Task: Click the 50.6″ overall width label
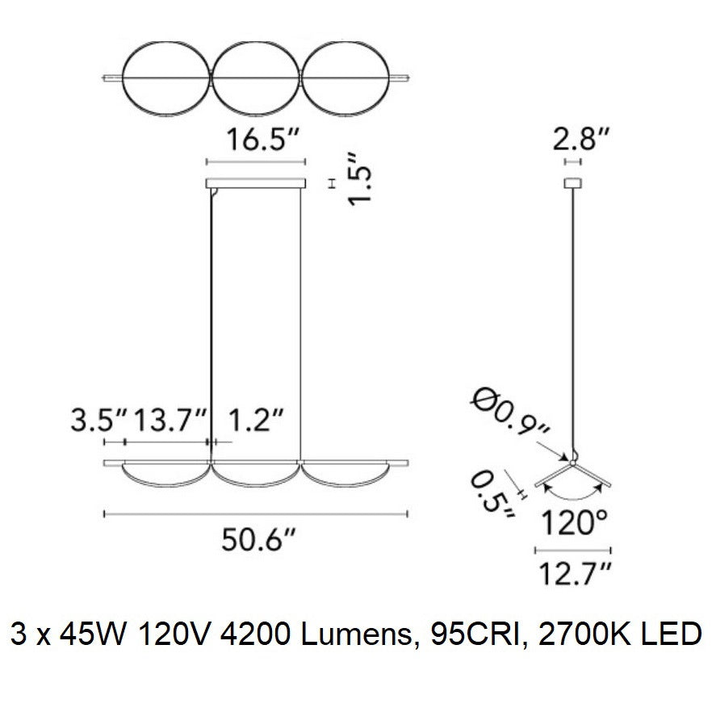[x=257, y=539]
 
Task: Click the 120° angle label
[x=575, y=525]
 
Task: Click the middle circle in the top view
[x=256, y=77]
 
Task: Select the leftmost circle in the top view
[x=165, y=77]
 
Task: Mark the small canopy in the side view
[x=573, y=183]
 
